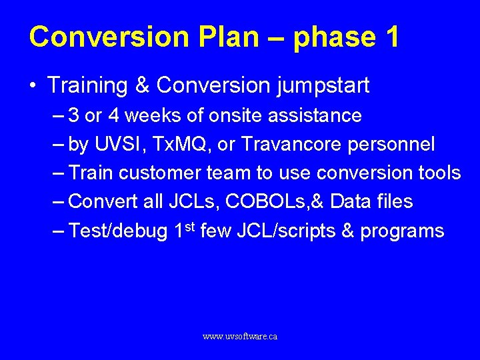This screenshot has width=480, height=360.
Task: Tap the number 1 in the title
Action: (x=391, y=37)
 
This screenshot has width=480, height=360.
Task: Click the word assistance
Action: (x=315, y=115)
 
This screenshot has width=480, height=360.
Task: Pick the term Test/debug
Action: (x=118, y=231)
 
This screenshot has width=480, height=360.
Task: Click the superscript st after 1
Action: (x=190, y=226)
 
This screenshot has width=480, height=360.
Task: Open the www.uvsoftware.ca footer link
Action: (x=240, y=337)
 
